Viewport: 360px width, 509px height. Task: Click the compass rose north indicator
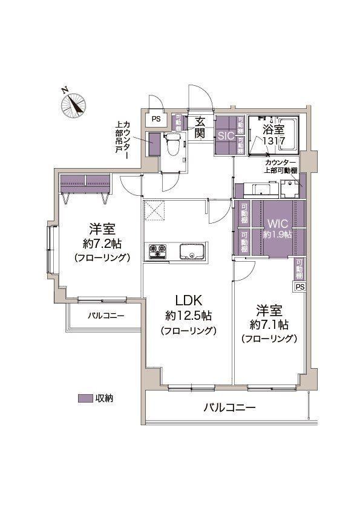click(x=74, y=104)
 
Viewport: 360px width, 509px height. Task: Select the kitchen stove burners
click(x=157, y=251)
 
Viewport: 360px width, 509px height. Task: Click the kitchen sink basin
click(x=192, y=251)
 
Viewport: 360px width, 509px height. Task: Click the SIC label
click(x=226, y=136)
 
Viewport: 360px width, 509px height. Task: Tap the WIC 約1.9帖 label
click(x=277, y=229)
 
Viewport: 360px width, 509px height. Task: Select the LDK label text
click(x=189, y=300)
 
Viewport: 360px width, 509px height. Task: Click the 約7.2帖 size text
click(x=102, y=243)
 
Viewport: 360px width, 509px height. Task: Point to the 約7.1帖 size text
click(x=269, y=324)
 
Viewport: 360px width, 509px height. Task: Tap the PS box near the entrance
click(x=156, y=119)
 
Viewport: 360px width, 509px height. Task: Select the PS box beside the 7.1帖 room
click(x=300, y=287)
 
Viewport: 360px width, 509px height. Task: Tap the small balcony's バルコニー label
click(x=106, y=316)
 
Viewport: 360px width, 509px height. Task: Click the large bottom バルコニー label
click(x=230, y=407)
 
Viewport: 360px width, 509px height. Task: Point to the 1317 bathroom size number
click(x=273, y=141)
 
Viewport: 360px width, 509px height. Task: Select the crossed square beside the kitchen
click(x=154, y=211)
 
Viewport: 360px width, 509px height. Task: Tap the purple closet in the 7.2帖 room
click(x=85, y=184)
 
